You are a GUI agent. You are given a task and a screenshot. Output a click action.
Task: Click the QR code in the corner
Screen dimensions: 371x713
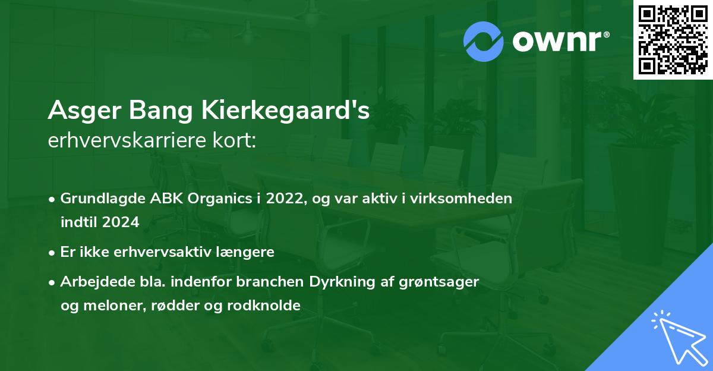click(x=673, y=39)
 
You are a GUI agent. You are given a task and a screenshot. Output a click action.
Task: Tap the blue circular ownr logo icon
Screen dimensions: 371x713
click(x=484, y=41)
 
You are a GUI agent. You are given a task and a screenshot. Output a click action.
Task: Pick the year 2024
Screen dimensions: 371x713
click(x=120, y=222)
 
